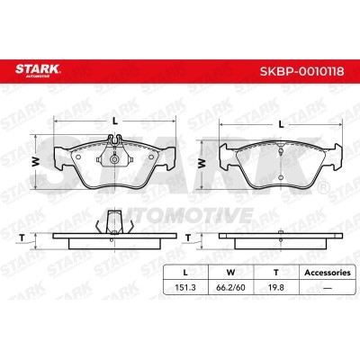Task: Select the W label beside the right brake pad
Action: pyautogui.click(x=202, y=162)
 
